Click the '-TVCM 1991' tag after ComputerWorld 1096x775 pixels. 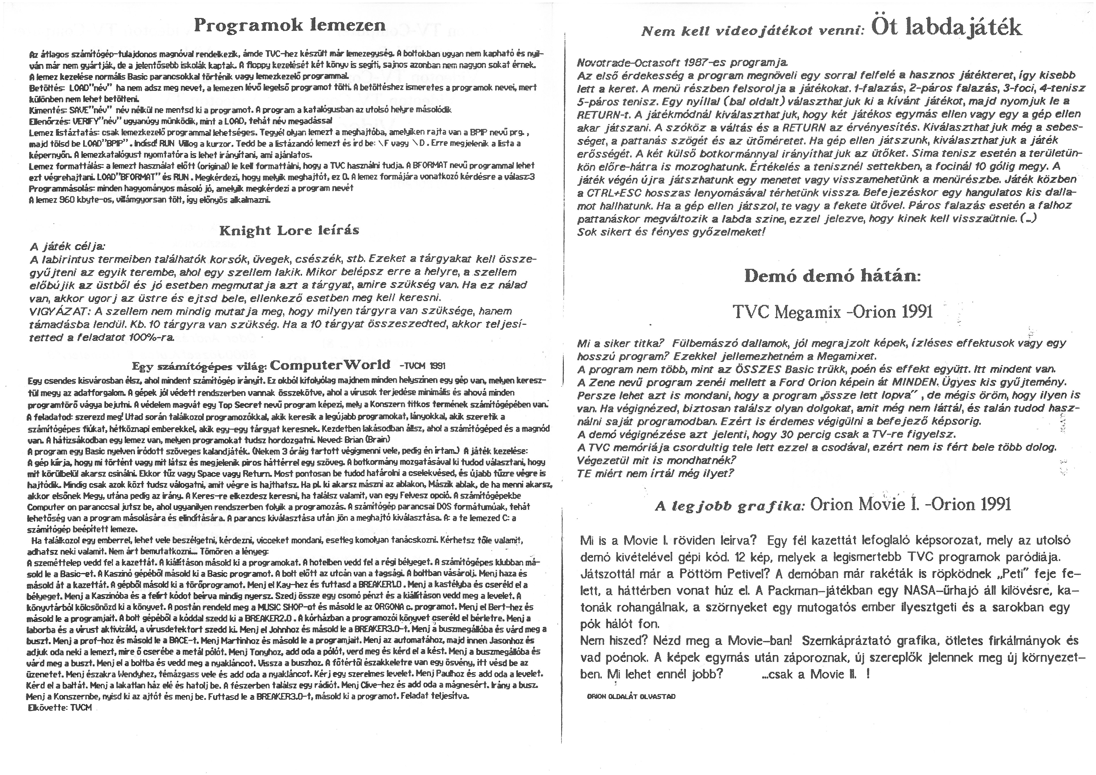tap(421, 366)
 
